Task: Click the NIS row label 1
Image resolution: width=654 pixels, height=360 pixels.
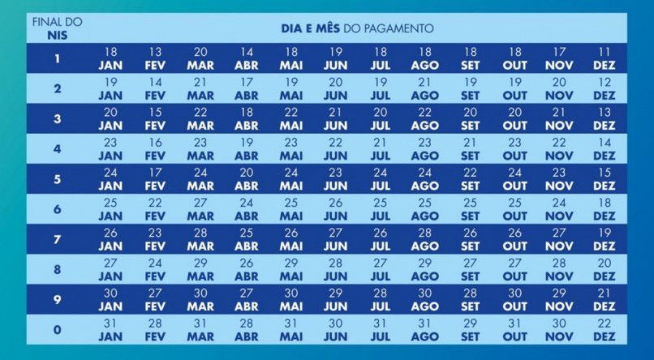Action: [57, 58]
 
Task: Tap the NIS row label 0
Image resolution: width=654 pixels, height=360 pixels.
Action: [57, 330]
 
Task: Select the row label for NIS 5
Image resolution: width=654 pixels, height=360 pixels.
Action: [57, 179]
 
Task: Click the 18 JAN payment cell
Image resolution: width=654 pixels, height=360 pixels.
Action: [110, 58]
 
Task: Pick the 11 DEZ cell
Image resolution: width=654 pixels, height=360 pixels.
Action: [605, 58]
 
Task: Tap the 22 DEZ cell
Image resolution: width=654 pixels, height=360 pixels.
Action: [605, 330]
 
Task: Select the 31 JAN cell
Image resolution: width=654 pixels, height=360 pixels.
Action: [110, 330]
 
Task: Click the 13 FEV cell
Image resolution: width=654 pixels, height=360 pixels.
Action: [155, 58]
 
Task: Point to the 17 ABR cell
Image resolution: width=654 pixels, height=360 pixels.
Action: [247, 88]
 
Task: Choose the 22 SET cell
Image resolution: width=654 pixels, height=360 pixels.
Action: [470, 179]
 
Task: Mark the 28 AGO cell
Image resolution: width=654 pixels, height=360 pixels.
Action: [424, 239]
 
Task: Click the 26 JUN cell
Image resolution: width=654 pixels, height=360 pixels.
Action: [335, 209]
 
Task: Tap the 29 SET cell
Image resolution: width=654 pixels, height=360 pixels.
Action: [470, 330]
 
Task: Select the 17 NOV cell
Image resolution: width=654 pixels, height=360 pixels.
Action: [559, 58]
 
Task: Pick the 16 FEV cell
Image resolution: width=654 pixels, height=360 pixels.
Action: [155, 149]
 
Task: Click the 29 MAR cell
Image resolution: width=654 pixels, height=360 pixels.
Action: [200, 269]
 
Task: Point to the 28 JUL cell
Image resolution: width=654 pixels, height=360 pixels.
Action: [380, 299]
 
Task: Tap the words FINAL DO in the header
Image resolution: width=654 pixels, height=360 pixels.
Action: [57, 22]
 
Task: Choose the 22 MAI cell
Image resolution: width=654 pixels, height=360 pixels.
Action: [291, 118]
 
